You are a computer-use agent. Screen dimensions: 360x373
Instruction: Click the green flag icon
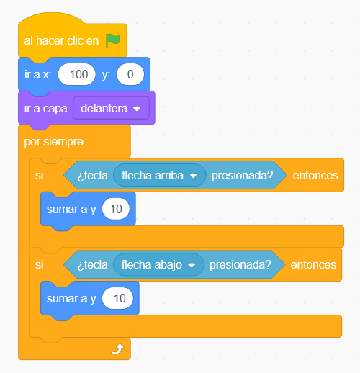pos(112,40)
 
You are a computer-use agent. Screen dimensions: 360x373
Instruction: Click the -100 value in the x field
pos(76,74)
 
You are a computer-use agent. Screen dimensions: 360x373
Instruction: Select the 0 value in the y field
pos(130,74)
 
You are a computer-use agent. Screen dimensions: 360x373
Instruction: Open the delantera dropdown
pos(111,108)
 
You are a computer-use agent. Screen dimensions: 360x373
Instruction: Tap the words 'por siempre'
pos(54,142)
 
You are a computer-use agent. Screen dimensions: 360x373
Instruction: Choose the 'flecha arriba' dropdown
pos(160,175)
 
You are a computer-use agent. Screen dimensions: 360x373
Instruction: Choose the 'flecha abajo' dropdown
pos(158,265)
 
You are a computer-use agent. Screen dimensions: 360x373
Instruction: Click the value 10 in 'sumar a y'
pos(116,209)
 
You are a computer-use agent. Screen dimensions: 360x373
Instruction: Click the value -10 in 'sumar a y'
pos(117,298)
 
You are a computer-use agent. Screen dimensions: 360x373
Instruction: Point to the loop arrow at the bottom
pos(117,349)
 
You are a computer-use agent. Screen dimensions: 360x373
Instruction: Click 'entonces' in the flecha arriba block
pos(315,176)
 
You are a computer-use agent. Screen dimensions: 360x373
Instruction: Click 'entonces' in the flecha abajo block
pos(313,265)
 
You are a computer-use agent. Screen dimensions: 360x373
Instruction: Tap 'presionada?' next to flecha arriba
pos(243,176)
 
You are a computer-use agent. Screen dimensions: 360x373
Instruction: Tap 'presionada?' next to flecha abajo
pos(240,265)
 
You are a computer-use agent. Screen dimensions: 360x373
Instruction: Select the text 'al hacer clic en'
pos(61,41)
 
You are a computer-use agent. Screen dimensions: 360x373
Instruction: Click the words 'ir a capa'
pos(45,109)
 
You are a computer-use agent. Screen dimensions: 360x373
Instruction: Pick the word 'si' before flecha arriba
pos(40,176)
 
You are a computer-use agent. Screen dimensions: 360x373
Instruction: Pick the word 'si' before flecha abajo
pos(40,265)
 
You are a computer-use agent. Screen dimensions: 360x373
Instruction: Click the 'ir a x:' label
pos(38,74)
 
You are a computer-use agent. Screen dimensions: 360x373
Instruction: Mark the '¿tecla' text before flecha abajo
pos(93,265)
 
